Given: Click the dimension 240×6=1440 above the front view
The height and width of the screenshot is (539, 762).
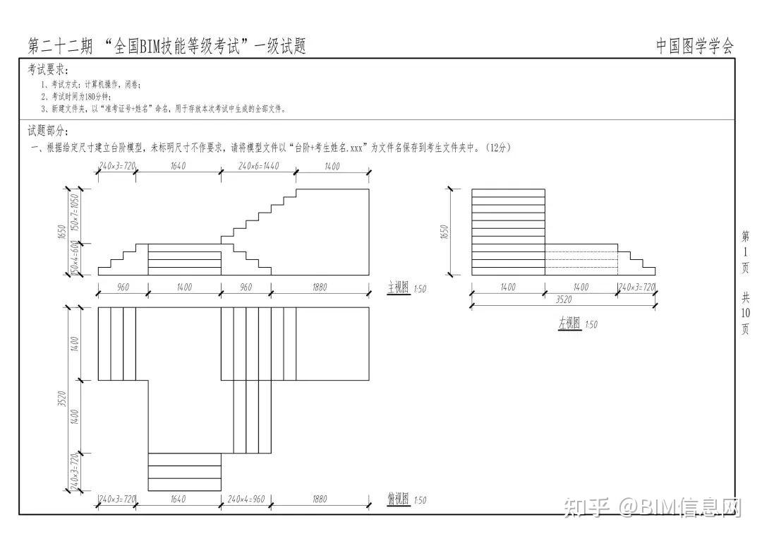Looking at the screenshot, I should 258,167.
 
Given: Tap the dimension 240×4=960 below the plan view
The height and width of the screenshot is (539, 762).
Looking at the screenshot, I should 246,499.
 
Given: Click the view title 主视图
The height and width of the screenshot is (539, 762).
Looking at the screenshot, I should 398,288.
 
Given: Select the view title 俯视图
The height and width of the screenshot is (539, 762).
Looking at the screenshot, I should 398,499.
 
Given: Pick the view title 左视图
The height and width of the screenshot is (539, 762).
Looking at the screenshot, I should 569,324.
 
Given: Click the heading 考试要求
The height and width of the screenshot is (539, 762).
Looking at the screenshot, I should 48,70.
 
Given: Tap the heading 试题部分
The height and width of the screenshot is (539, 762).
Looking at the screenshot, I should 48,131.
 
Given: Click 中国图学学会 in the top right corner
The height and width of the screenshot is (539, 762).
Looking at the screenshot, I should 695,47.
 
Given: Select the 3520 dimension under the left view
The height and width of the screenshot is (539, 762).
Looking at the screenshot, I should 563,300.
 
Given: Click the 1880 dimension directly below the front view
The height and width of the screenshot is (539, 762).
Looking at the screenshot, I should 319,288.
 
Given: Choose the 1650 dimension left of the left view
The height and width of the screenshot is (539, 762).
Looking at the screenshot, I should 444,232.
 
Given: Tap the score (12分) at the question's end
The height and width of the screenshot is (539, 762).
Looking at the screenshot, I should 497,148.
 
